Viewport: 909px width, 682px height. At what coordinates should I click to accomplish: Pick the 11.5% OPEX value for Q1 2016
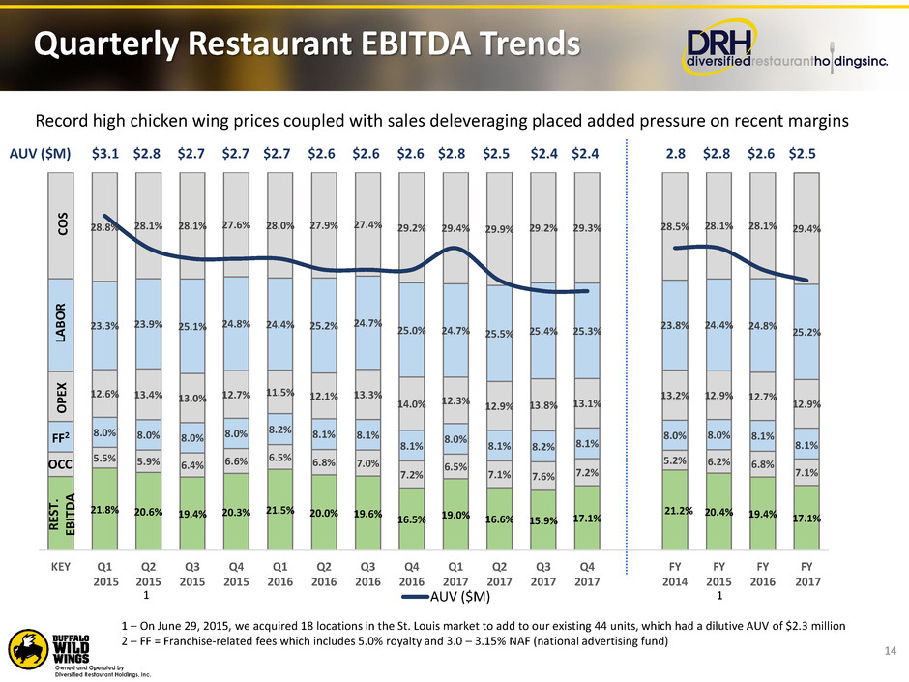point(279,392)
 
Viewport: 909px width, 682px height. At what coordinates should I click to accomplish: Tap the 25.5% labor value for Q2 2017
point(500,334)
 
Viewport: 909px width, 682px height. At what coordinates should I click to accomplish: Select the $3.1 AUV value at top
point(105,151)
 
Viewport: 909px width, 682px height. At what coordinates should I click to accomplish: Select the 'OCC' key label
point(61,464)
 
